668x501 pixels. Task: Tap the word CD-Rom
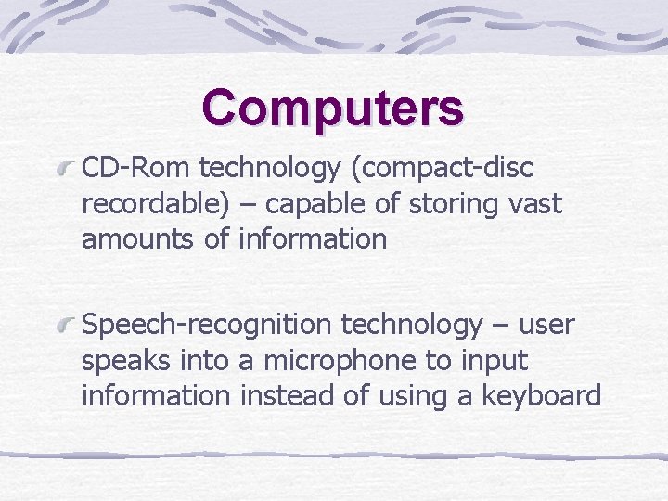[x=136, y=168]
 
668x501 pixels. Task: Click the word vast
[x=535, y=203]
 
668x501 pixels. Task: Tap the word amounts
[x=136, y=238]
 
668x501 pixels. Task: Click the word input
[x=493, y=361]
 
